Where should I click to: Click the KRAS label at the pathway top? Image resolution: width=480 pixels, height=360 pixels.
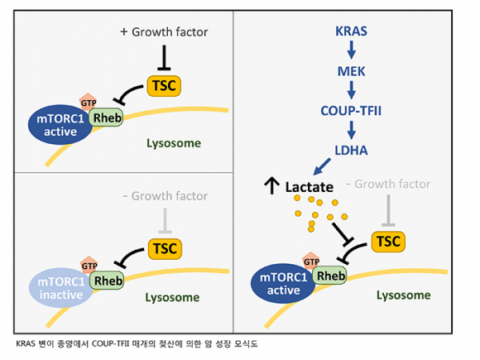coord(351,31)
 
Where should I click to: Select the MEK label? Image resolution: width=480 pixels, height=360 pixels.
coord(351,71)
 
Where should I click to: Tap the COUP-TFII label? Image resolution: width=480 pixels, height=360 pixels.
coord(351,111)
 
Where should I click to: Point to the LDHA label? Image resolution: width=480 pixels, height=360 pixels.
coord(351,151)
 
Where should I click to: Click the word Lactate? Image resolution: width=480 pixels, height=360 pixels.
coord(310,187)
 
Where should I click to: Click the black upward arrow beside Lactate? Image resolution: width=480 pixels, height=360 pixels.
coord(271,185)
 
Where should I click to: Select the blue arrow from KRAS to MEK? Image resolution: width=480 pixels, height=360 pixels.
coord(352,50)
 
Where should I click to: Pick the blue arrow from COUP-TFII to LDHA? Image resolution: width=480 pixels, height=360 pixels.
coord(352,130)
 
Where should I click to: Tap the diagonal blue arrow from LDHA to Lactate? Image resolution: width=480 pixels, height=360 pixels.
coord(322,166)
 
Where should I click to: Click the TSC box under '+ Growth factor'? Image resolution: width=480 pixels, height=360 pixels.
coord(164,86)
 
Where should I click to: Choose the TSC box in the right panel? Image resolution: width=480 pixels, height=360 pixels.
coord(388,242)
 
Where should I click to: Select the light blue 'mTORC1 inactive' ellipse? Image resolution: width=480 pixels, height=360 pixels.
coord(61,288)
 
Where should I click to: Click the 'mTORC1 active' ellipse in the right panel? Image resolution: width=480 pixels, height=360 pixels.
coord(283,284)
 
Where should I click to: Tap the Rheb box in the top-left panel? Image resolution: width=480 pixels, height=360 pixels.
coord(106,118)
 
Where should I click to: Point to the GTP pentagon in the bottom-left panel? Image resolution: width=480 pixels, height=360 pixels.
coord(89,264)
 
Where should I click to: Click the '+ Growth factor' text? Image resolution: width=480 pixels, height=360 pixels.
coord(164,31)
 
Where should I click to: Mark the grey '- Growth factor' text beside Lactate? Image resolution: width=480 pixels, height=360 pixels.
coord(388,184)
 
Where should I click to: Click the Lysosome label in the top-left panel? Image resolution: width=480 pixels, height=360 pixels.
coord(174,143)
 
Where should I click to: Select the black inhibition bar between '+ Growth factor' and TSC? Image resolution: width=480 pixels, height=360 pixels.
coord(164,58)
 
